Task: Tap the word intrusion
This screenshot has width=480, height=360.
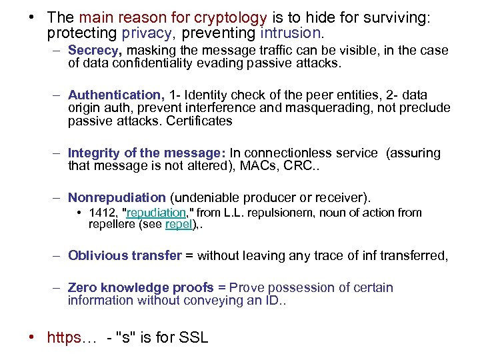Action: pyautogui.click(x=291, y=32)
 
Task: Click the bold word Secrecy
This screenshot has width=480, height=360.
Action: pyautogui.click(x=95, y=51)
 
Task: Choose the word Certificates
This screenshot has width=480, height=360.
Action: pyautogui.click(x=201, y=121)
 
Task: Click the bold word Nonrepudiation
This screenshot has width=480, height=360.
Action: pyautogui.click(x=117, y=197)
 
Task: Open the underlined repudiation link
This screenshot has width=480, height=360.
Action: pyautogui.click(x=155, y=213)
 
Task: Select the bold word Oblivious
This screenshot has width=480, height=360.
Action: pyautogui.click(x=98, y=255)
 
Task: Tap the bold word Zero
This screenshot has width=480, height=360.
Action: pyautogui.click(x=83, y=287)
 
